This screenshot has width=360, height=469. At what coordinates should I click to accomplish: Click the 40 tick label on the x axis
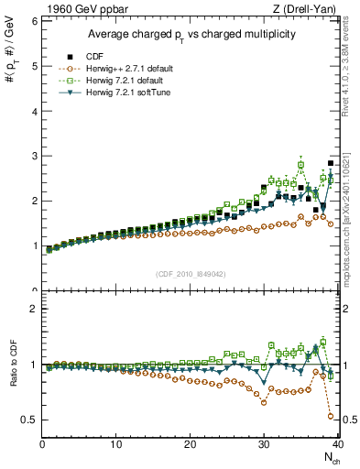(337, 445)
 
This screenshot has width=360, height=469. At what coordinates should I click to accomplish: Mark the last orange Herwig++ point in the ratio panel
(331, 416)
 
